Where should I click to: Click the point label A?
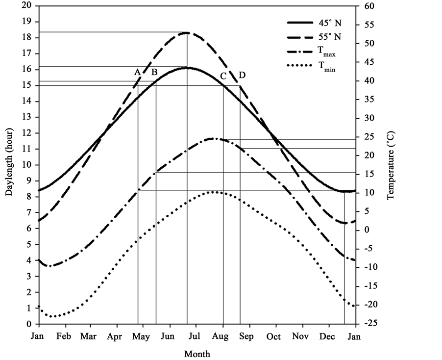[x=138, y=72]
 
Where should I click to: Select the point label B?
[x=154, y=72]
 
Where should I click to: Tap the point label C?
[x=223, y=76]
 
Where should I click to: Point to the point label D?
[x=242, y=75]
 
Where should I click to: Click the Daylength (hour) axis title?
[x=9, y=161]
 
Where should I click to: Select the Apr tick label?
[x=117, y=337]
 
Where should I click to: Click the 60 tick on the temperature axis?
[x=368, y=6]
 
